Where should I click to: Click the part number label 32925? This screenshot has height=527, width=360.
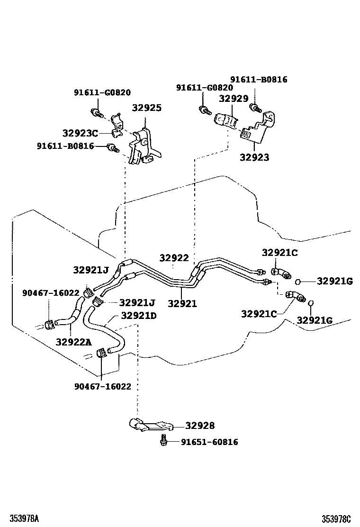146,108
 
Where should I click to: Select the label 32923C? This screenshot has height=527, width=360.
81,133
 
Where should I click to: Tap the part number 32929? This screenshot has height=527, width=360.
233,99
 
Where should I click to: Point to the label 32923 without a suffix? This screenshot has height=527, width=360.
254,157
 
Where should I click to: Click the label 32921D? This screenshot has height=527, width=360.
138,316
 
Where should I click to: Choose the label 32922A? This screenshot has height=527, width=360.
73,342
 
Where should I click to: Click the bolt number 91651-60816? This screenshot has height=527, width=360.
209,442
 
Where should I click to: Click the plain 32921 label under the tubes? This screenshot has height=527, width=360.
182,304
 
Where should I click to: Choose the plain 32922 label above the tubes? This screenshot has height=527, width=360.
174,258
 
